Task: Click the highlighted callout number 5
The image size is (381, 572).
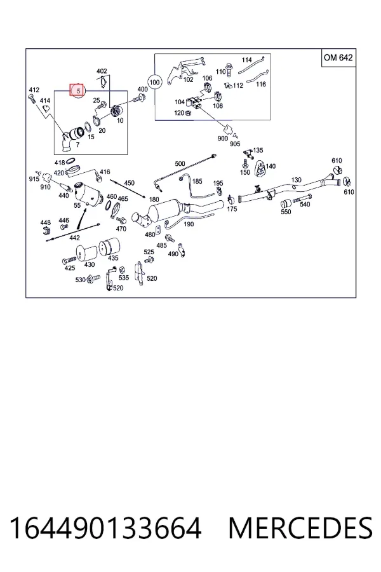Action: pos(77,90)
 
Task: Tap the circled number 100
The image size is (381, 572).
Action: pos(155,83)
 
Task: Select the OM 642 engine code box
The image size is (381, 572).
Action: pos(338,58)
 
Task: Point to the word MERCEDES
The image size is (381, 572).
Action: pos(300,528)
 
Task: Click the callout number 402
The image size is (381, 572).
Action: pos(102,71)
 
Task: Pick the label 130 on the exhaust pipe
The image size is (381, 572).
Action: pos(297,180)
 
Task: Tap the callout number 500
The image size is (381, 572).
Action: pos(180,164)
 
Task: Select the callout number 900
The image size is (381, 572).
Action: pos(223,139)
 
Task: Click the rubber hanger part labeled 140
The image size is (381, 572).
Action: pos(260,167)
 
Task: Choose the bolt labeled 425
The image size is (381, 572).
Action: pos(69,261)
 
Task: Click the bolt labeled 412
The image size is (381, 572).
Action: pos(31,97)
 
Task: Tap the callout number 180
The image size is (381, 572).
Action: pos(154,200)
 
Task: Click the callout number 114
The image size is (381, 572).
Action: pos(247,60)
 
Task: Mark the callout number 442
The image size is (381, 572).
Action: pos(74,238)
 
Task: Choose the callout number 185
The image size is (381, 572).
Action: pos(197,181)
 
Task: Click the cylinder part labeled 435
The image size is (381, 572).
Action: pos(110,247)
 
